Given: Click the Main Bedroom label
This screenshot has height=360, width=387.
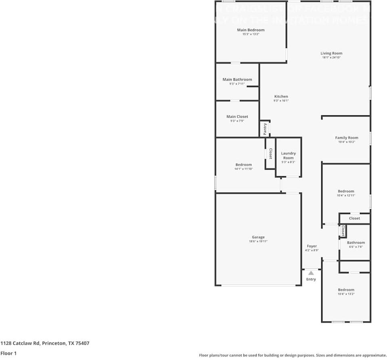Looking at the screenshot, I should [x=251, y=30].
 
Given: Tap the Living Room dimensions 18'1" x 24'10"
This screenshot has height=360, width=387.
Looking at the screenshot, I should [x=331, y=58].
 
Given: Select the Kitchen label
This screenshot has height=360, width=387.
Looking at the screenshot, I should [x=281, y=96].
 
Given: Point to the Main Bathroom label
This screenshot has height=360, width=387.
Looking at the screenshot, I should [x=237, y=79].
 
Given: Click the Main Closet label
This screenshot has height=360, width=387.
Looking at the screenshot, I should [x=237, y=117].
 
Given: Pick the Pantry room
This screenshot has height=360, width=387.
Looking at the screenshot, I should [x=265, y=129].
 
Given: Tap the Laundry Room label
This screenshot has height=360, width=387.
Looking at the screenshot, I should [x=288, y=155].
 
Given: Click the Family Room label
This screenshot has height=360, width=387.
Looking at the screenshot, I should [x=347, y=137].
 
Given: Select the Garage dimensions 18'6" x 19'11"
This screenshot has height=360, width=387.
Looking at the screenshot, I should [x=258, y=241].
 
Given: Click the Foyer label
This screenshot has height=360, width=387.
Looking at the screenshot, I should [x=312, y=246].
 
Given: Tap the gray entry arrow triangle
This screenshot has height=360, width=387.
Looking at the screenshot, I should [x=311, y=273].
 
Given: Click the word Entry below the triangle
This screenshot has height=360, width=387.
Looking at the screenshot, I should [x=311, y=279].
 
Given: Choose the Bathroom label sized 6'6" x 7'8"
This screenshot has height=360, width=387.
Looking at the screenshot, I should [x=356, y=243].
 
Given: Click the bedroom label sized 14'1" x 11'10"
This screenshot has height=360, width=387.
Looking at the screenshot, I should [x=244, y=164].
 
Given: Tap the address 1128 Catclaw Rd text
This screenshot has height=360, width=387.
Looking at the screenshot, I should [x=45, y=343].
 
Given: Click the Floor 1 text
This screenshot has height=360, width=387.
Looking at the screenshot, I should [x=9, y=353].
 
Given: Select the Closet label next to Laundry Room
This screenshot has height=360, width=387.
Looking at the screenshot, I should [x=270, y=154].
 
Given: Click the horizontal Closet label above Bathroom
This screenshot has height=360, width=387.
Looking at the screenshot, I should [x=354, y=218].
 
